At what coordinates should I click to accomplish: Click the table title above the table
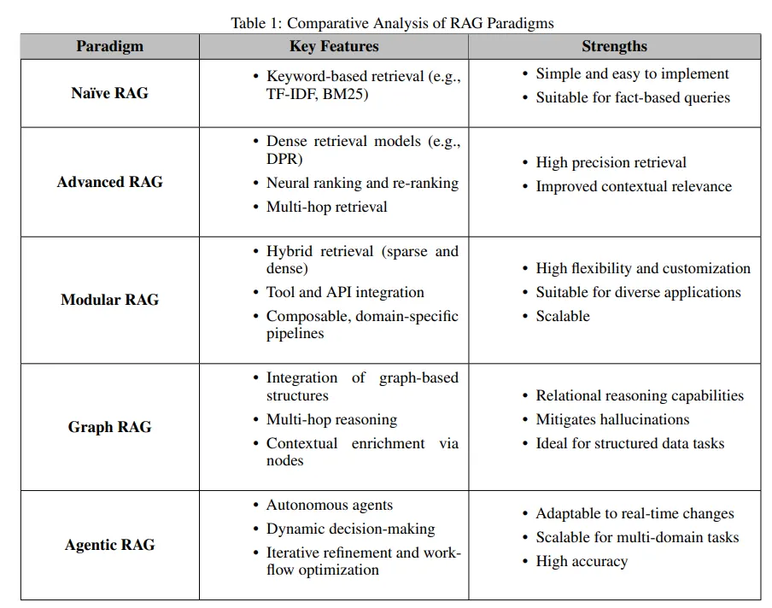pyautogui.click(x=392, y=23)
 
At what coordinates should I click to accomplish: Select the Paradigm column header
pyautogui.click(x=109, y=46)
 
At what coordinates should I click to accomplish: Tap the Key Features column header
pyautogui.click(x=334, y=46)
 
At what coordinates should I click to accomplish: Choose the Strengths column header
pyautogui.click(x=614, y=46)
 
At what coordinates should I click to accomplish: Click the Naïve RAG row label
pyautogui.click(x=109, y=93)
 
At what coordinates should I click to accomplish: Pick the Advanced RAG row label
pyautogui.click(x=109, y=182)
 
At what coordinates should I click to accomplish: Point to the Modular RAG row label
pyautogui.click(x=109, y=300)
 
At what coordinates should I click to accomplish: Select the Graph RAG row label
pyautogui.click(x=109, y=427)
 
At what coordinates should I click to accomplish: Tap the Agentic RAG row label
pyautogui.click(x=109, y=545)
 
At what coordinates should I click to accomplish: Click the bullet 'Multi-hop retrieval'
pyautogui.click(x=326, y=207)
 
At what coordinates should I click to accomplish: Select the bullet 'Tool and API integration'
pyautogui.click(x=345, y=292)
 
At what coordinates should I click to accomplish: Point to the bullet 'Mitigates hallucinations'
pyautogui.click(x=612, y=419)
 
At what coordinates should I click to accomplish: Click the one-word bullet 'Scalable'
pyautogui.click(x=563, y=316)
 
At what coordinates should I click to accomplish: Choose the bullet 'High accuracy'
pyautogui.click(x=582, y=561)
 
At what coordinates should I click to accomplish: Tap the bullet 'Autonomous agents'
pyautogui.click(x=330, y=505)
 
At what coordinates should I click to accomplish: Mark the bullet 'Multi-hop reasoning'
pyautogui.click(x=331, y=419)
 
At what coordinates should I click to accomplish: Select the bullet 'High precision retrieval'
pyautogui.click(x=611, y=162)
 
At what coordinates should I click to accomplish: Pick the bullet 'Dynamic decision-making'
pyautogui.click(x=350, y=529)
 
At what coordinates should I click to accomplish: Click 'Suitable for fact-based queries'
pyautogui.click(x=633, y=97)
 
